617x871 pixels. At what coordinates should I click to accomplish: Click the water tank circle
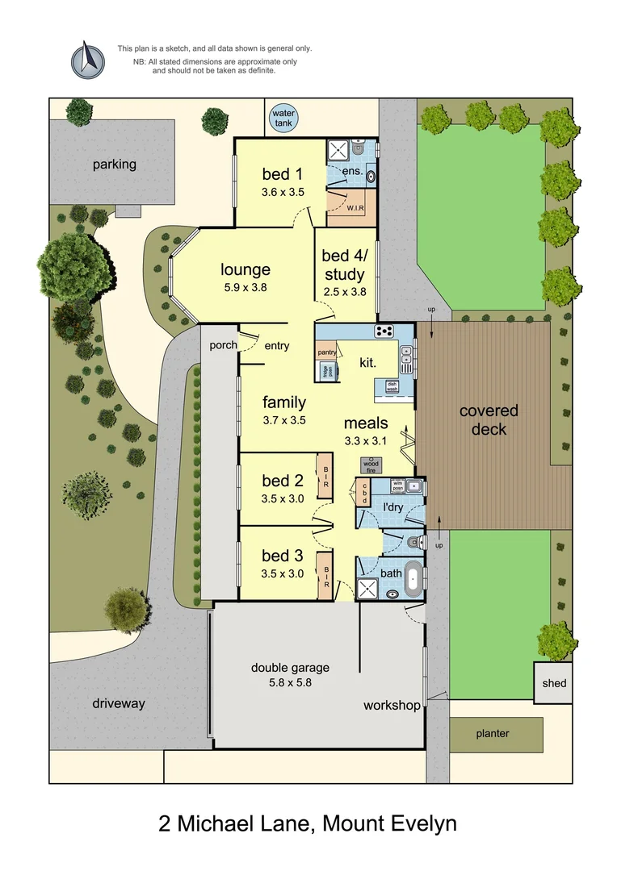click(283, 118)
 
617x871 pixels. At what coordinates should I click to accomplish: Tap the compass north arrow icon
click(88, 60)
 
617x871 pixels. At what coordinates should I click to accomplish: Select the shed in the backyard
click(554, 683)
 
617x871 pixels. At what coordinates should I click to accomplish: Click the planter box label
click(493, 734)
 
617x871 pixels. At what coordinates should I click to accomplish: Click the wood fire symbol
click(371, 465)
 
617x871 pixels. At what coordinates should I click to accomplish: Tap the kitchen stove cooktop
click(384, 331)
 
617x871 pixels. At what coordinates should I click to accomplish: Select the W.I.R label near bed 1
click(355, 208)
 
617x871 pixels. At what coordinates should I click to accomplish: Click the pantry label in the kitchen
click(327, 352)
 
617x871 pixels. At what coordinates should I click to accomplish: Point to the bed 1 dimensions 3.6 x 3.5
click(282, 192)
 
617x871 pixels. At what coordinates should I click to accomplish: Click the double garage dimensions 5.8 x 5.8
click(290, 682)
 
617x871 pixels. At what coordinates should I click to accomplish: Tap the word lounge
click(246, 270)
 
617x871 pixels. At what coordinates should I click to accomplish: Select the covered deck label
click(489, 419)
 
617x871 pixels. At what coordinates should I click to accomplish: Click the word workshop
click(392, 706)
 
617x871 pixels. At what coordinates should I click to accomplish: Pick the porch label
click(223, 345)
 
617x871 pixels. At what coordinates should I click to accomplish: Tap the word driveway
click(119, 703)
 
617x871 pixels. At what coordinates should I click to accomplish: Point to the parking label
click(114, 165)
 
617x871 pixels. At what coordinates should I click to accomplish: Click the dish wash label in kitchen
click(392, 387)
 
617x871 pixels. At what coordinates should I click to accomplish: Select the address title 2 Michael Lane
click(308, 824)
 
